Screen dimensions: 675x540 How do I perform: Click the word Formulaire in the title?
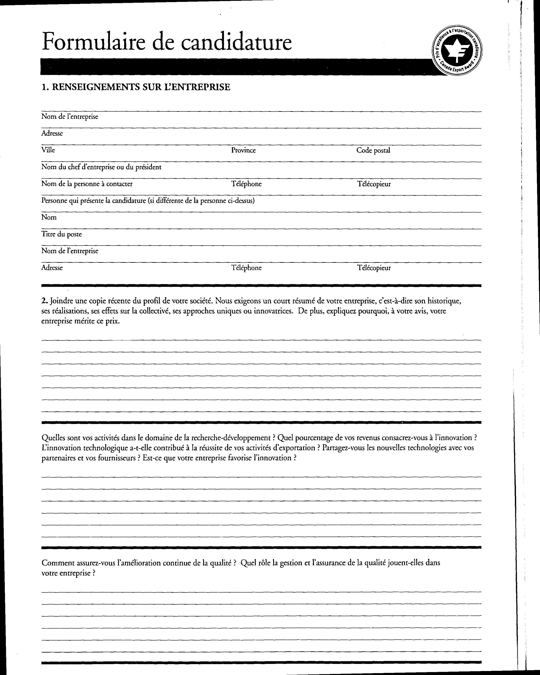[94, 42]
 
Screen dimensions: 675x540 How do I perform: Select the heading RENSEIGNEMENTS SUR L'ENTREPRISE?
[141, 87]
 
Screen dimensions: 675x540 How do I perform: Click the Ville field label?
[48, 150]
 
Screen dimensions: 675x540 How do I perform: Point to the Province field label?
[243, 150]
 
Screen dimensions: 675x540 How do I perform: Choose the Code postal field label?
[373, 150]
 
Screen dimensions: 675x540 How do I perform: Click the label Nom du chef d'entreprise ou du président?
[101, 167]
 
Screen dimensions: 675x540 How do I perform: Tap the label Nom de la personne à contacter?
[87, 184]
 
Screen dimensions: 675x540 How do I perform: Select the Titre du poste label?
[61, 234]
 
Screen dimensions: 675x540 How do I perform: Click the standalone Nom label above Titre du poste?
[49, 217]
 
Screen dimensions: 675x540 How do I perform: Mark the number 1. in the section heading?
[44, 87]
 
